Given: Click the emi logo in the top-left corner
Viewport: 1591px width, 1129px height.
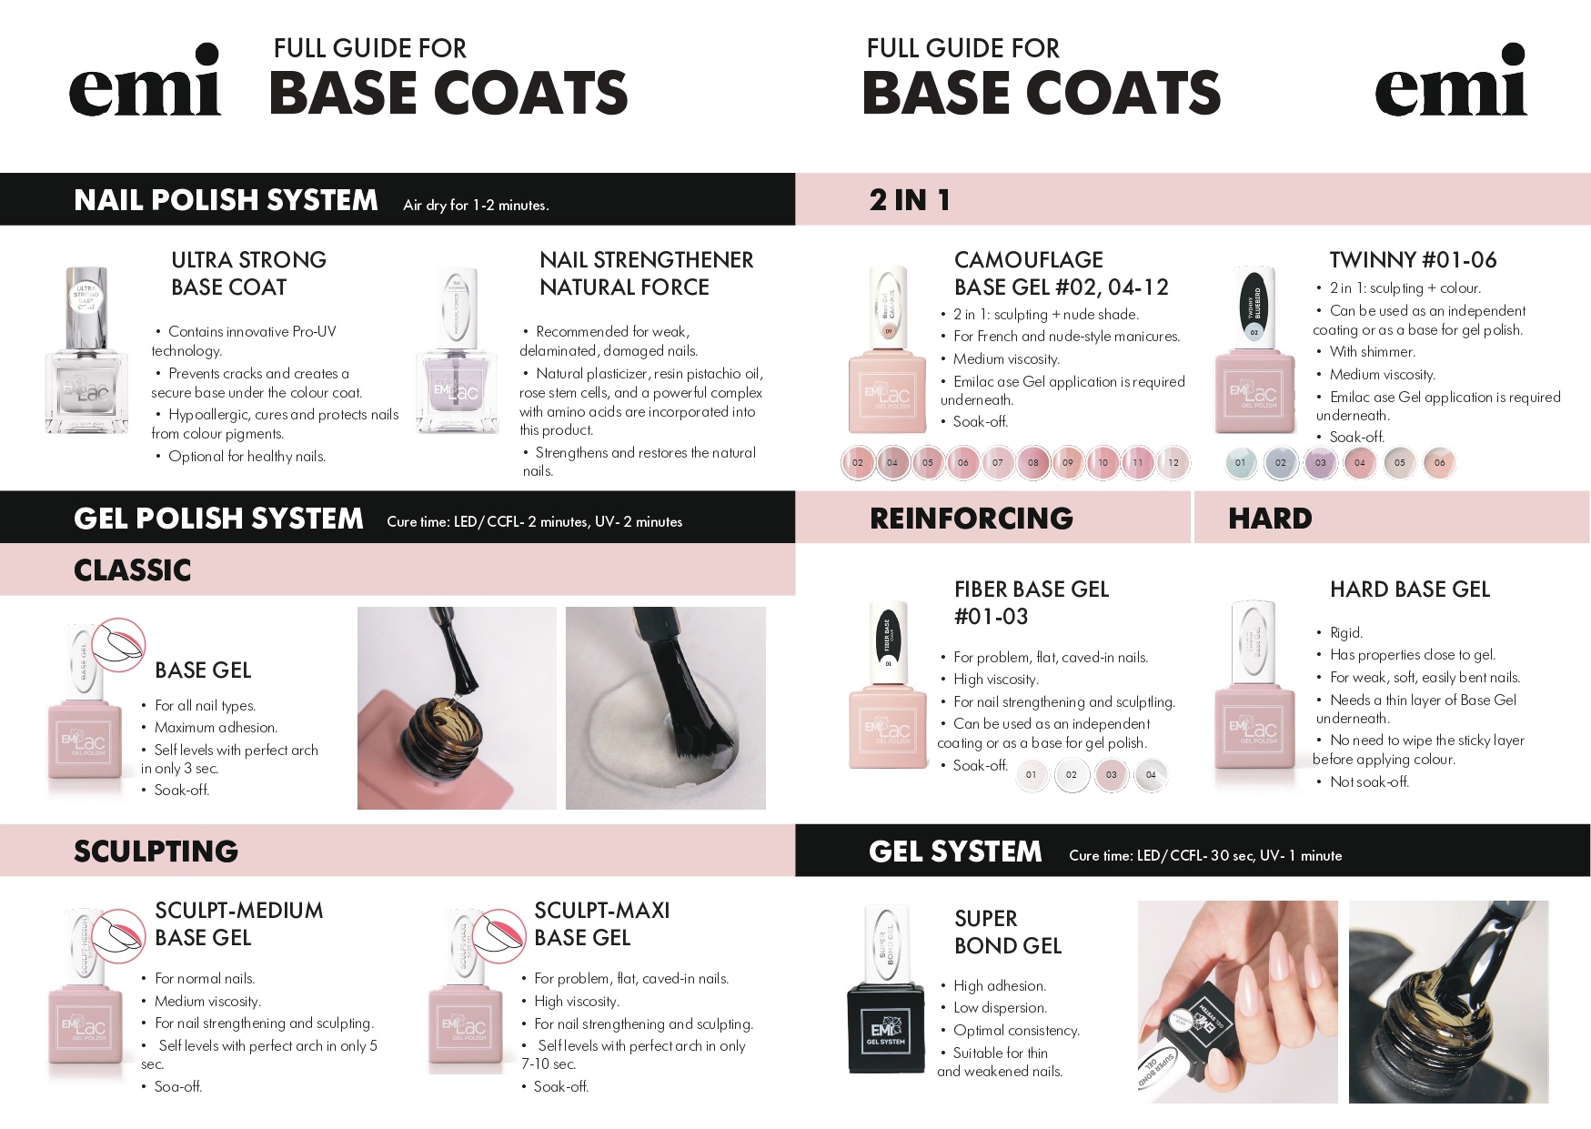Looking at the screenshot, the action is [x=146, y=80].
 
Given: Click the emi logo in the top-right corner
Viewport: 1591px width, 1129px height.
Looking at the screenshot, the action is [x=1451, y=80].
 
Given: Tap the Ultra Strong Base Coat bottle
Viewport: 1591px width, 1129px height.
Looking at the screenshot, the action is [x=88, y=350].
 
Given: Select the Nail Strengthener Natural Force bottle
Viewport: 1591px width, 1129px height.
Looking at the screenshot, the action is [x=458, y=350].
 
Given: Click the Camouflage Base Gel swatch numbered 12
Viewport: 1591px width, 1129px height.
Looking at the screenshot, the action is [x=1173, y=462].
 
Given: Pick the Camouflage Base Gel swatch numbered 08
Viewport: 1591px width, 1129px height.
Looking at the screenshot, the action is [x=1032, y=462].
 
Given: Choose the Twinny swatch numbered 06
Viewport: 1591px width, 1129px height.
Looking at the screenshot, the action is [x=1440, y=462].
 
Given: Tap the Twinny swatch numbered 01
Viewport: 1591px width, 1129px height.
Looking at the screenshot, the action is [x=1240, y=462].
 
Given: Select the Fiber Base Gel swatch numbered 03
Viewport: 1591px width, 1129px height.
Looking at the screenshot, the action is [x=1111, y=775].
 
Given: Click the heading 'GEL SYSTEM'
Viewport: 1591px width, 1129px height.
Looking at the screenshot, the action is [x=955, y=852].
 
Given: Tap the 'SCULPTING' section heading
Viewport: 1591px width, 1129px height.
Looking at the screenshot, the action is [x=156, y=852].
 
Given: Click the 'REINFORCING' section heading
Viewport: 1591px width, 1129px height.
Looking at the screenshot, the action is [x=972, y=519].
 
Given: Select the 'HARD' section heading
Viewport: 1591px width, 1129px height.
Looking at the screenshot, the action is [x=1270, y=519].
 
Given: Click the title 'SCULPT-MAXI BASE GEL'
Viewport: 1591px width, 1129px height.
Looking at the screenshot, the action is [x=602, y=923].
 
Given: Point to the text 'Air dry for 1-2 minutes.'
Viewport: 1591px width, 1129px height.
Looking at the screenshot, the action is [x=476, y=206].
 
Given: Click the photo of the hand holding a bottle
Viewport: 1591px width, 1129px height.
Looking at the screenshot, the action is [x=1238, y=1001].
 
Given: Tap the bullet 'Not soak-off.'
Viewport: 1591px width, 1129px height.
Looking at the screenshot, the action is [x=1369, y=781].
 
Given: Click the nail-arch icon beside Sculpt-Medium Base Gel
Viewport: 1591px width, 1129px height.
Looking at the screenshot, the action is [x=116, y=937].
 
